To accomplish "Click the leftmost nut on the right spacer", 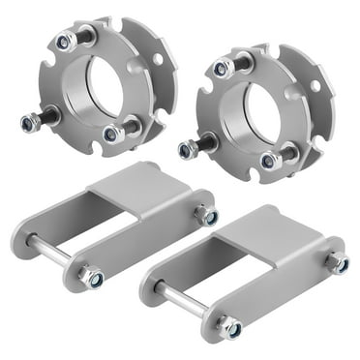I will [x=186, y=150].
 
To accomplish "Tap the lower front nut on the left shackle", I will [x=94, y=277].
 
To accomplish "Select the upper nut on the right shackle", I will [x=338, y=263].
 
